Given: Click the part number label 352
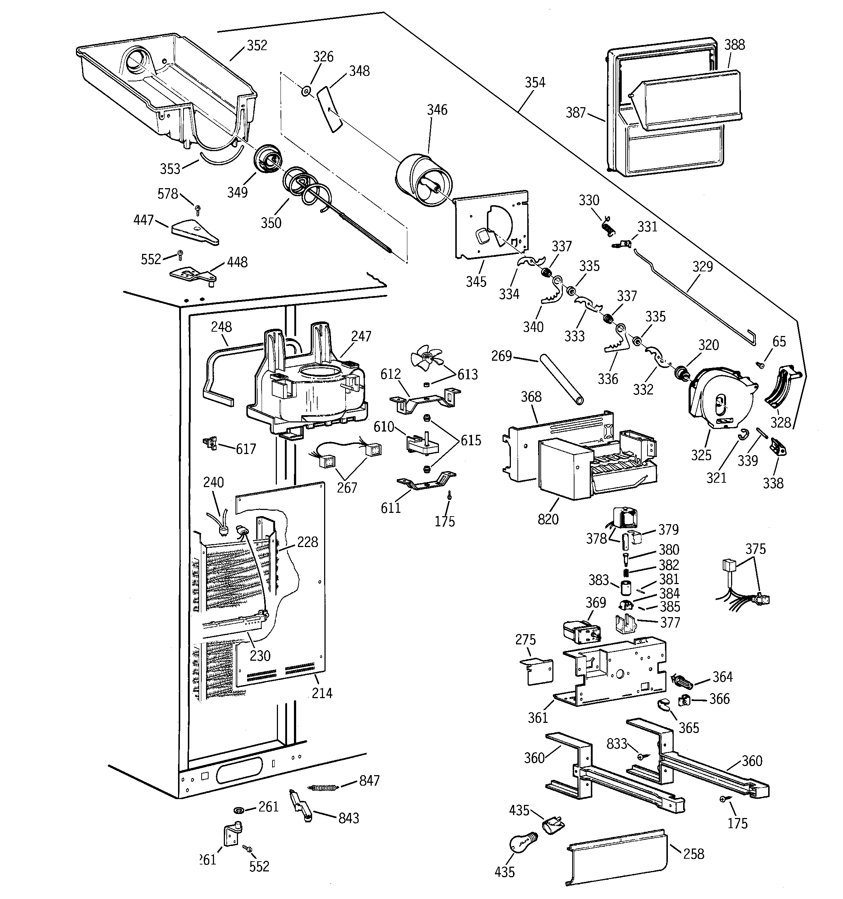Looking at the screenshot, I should point(257,46).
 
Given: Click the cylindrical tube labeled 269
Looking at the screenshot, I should point(561,380).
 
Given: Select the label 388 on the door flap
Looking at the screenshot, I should point(734,45).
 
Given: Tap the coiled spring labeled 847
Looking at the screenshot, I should point(323,787).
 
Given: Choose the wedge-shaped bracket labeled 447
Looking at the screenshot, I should point(194,232).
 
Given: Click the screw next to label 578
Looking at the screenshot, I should point(198,208).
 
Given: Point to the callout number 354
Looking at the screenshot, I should point(535,82).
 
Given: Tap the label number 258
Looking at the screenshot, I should point(693,854).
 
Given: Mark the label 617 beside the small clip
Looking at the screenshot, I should point(246,449).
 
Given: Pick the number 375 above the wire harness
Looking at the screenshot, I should point(755,549).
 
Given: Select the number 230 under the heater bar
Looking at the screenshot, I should point(260,656).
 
